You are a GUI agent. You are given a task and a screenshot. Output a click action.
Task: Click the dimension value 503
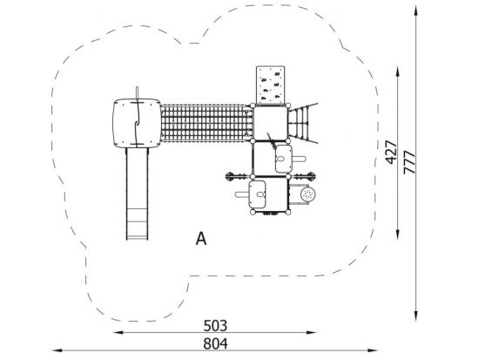pos(215,326)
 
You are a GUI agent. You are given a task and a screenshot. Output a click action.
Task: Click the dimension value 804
pos(215,343)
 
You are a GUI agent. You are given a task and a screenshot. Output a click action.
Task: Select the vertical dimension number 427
pos(391,153)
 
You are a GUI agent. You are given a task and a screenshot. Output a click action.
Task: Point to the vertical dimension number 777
pos(409,162)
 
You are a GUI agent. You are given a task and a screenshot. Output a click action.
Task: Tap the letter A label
pos(201,239)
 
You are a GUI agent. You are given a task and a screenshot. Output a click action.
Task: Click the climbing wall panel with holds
pos(270,85)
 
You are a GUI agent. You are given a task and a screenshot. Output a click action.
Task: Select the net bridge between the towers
pos(206,123)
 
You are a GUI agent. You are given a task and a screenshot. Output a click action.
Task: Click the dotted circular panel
pos(307,194)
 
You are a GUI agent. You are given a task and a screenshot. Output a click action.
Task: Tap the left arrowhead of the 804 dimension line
pos(57,350)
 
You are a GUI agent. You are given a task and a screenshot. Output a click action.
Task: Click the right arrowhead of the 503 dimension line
pos(311,332)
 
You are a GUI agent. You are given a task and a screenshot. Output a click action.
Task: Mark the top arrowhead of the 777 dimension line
pos(415,10)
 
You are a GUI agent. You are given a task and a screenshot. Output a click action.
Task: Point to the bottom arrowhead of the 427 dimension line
pos(397,234)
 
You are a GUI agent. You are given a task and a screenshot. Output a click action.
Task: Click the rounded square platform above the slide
pos(137,123)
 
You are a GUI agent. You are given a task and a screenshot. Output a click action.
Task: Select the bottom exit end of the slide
pos(137,237)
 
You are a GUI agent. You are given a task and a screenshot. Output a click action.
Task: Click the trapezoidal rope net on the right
pos(302,123)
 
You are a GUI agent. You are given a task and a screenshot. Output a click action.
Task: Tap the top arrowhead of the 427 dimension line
pos(397,71)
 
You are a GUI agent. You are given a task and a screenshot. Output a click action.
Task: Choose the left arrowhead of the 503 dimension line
pos(118,332)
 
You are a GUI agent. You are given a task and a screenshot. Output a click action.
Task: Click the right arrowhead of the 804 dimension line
pos(374,350)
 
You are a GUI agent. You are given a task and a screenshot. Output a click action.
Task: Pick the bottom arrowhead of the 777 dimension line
pos(415,316)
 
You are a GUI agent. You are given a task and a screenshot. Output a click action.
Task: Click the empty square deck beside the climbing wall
pos(270,123)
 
